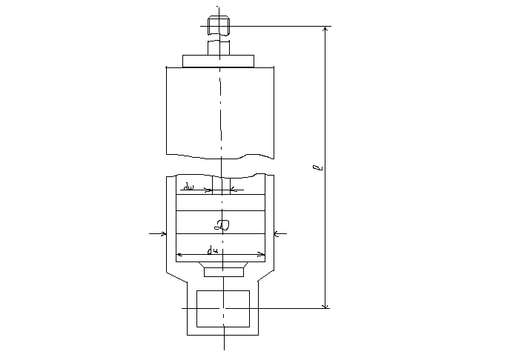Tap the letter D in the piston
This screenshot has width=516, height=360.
(x=221, y=223)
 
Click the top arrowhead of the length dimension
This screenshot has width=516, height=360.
(x=325, y=30)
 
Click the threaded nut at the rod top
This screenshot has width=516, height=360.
(x=217, y=26)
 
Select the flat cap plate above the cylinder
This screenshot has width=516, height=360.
(x=219, y=61)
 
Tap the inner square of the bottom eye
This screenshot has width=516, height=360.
(x=223, y=308)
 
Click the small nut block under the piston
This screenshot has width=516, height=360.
(x=223, y=272)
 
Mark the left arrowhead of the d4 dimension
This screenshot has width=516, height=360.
(x=179, y=255)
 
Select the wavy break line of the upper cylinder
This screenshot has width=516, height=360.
(x=220, y=156)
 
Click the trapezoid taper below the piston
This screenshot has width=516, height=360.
(x=223, y=264)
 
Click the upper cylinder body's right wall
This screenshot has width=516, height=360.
(x=274, y=111)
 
